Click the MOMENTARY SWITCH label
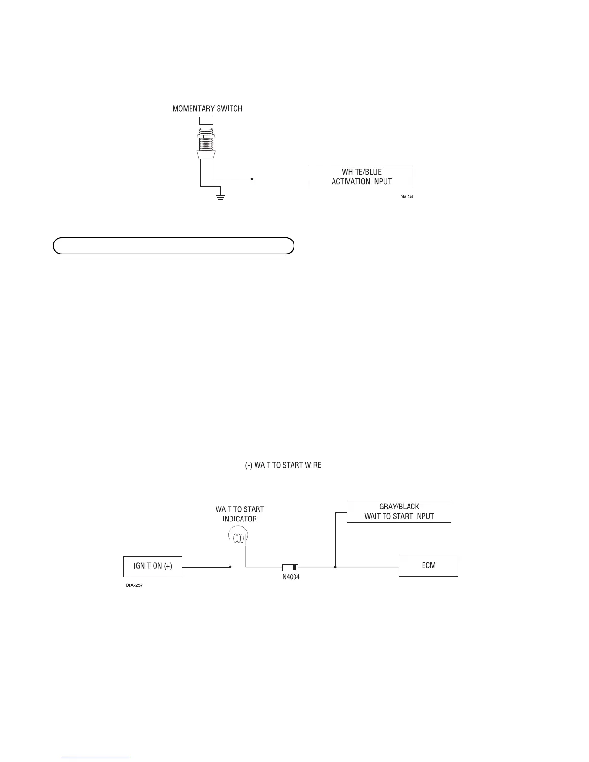(x=207, y=109)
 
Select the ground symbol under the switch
(x=221, y=197)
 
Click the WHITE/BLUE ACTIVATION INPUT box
(x=361, y=177)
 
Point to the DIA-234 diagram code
(x=407, y=197)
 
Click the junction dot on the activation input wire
(x=252, y=179)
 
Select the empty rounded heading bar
(x=173, y=245)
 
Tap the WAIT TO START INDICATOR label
(x=239, y=514)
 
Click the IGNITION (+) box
(x=153, y=566)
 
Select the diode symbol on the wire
(x=290, y=567)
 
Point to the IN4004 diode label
(x=290, y=577)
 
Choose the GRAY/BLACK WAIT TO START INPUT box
(x=399, y=512)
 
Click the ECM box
(x=428, y=566)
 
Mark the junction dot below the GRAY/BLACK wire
(x=335, y=567)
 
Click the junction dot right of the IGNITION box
(x=230, y=567)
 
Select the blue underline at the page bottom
(x=96, y=758)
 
